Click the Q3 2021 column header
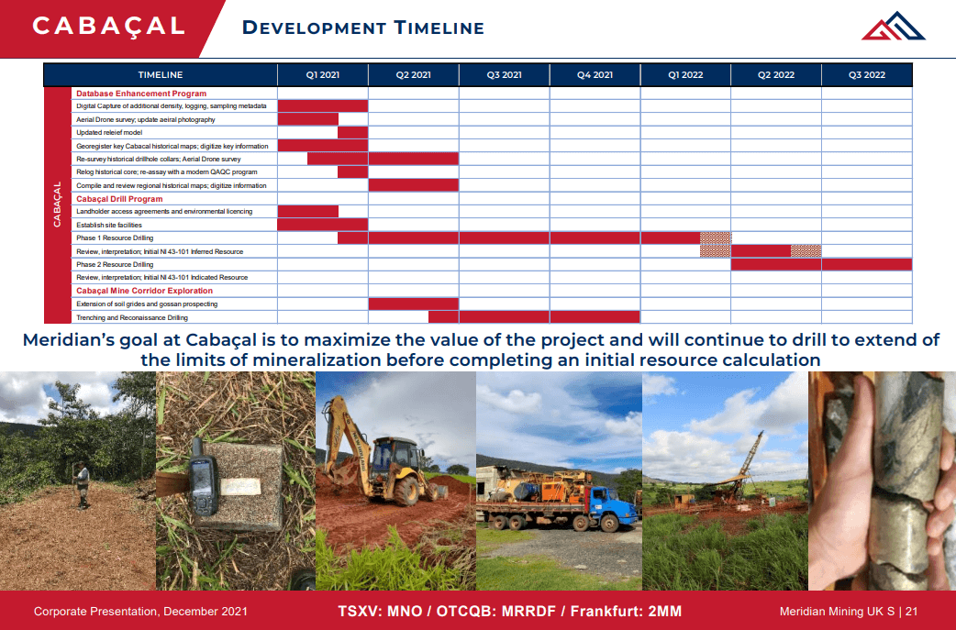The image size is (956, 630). coord(505,74)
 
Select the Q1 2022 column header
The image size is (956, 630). coord(685,74)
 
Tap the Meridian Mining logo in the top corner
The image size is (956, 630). coord(893,26)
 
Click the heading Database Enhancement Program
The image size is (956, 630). coord(141,94)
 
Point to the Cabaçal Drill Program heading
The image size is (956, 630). coord(119,199)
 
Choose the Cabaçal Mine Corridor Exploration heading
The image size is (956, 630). coord(144,291)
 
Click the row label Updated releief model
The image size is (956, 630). coord(109,133)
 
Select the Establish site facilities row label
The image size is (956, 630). coord(109,225)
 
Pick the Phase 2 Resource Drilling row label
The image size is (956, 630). coord(115,264)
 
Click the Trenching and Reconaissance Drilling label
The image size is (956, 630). coord(132,317)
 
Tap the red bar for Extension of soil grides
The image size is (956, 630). coord(413,304)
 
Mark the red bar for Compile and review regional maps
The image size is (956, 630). coord(413,185)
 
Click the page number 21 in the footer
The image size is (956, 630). coord(912,611)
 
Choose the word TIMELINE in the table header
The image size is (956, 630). coord(161,74)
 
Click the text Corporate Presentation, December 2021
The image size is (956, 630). coord(140,611)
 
